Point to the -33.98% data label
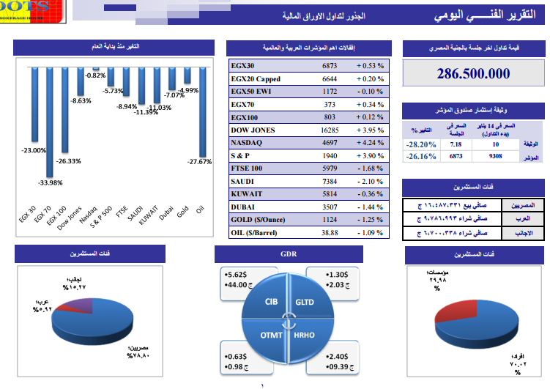tap(51, 182)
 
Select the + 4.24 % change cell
tap(371, 143)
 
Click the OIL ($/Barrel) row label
tap(259, 232)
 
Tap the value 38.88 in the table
tap(330, 232)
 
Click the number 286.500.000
tap(473, 74)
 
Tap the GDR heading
tap(286, 253)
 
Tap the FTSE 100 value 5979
tap(330, 168)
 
